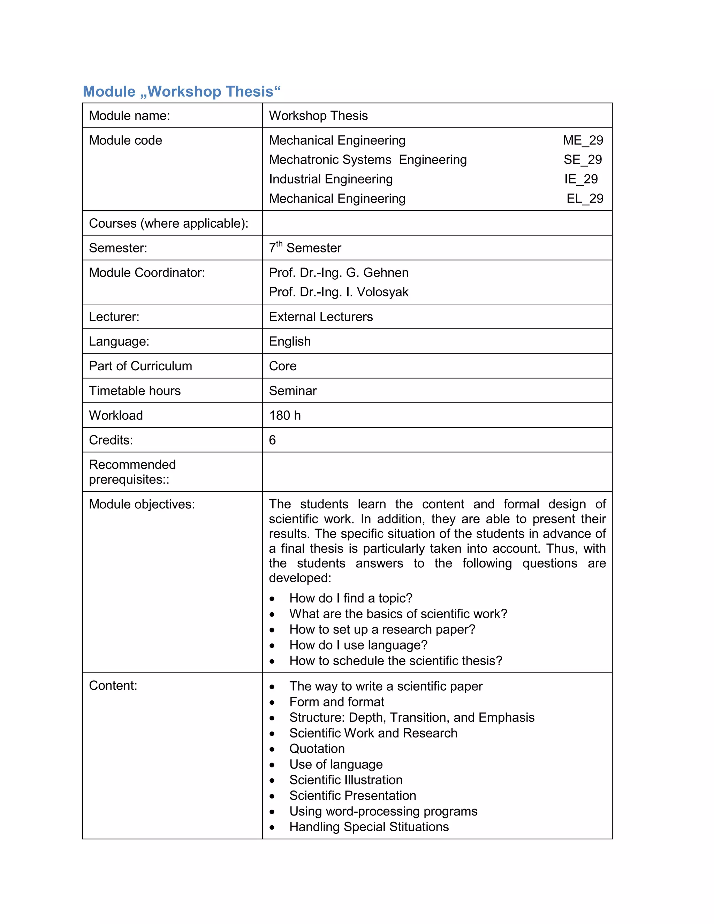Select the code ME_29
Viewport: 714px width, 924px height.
coord(583,141)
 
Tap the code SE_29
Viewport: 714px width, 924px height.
coord(583,160)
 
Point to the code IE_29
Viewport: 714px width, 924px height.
coord(581,179)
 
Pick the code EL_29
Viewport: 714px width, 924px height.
coord(585,199)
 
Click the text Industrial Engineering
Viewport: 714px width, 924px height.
coord(331,179)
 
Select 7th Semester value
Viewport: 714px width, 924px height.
coord(305,248)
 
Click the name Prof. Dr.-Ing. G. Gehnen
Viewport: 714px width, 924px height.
coord(339,273)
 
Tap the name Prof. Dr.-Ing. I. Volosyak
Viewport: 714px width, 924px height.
coord(339,292)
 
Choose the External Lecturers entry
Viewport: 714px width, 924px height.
coord(321,317)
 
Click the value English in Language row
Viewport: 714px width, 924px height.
coord(290,341)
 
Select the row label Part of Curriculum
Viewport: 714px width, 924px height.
coord(140,366)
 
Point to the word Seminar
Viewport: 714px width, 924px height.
coord(293,391)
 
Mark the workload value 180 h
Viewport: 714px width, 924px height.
coord(285,416)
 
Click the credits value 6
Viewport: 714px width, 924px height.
coord(272,440)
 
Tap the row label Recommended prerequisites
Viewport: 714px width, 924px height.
coord(132,472)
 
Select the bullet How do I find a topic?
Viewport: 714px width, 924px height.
coord(351,598)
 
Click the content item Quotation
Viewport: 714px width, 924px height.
coord(317,749)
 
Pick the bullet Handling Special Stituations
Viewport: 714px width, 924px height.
coord(369,827)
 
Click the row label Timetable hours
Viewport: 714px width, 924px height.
coord(135,391)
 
